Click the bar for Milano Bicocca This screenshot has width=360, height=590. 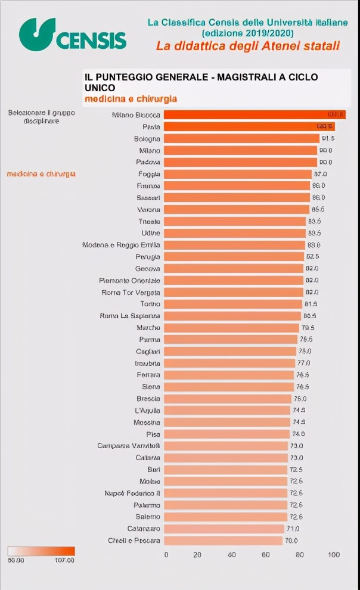point(255,115)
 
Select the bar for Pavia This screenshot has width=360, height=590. point(249,127)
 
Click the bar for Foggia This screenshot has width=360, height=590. point(238,174)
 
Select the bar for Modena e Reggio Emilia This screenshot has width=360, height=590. point(235,245)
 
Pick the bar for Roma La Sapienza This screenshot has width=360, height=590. point(232,316)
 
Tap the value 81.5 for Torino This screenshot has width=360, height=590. point(311,304)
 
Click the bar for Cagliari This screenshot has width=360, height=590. point(230,351)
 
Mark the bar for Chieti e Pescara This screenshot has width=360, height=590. point(223,541)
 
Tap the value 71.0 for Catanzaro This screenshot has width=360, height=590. point(293,529)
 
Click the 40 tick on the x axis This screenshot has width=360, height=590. point(231,555)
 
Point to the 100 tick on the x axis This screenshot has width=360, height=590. point(333,555)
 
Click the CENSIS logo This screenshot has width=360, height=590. point(73,34)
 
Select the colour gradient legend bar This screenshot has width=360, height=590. point(41,551)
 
